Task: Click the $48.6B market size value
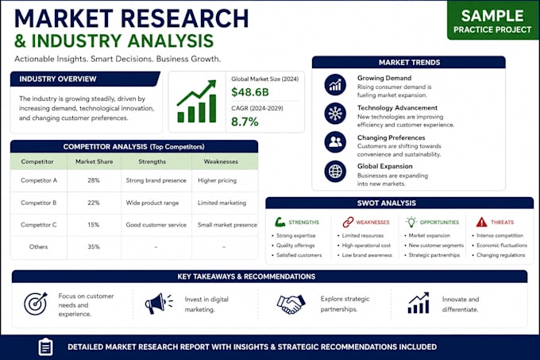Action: click(x=250, y=92)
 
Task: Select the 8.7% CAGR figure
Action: click(x=245, y=122)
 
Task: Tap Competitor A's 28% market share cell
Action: click(x=94, y=180)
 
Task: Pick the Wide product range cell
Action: click(x=152, y=203)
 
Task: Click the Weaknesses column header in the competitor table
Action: click(x=221, y=161)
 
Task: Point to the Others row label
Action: click(x=39, y=246)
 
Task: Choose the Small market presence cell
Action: click(x=227, y=225)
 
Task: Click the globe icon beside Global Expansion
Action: click(x=335, y=171)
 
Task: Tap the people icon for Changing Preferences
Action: click(x=335, y=142)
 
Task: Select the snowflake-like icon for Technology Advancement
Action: click(x=335, y=114)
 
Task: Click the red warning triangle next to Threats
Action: click(x=481, y=223)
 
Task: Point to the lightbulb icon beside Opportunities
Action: click(x=411, y=222)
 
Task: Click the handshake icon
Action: click(x=291, y=304)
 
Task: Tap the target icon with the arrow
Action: click(x=36, y=304)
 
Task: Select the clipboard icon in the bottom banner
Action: click(x=45, y=347)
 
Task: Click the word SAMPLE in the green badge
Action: click(x=492, y=16)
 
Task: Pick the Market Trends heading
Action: click(x=409, y=62)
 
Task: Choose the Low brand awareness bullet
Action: click(x=367, y=255)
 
